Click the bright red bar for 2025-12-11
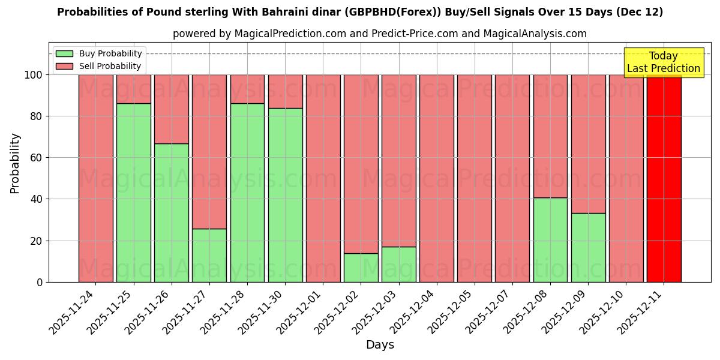[x=664, y=178]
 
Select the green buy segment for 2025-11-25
[x=134, y=193]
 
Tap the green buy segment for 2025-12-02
[x=361, y=268]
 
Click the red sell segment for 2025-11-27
[x=209, y=151]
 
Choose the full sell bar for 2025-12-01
[x=323, y=178]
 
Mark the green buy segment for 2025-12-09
[x=588, y=247]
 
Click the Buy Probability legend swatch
[x=64, y=53]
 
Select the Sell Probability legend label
[x=110, y=66]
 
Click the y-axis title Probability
[x=15, y=163]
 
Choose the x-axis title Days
[x=380, y=345]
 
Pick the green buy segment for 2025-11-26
[x=172, y=212]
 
